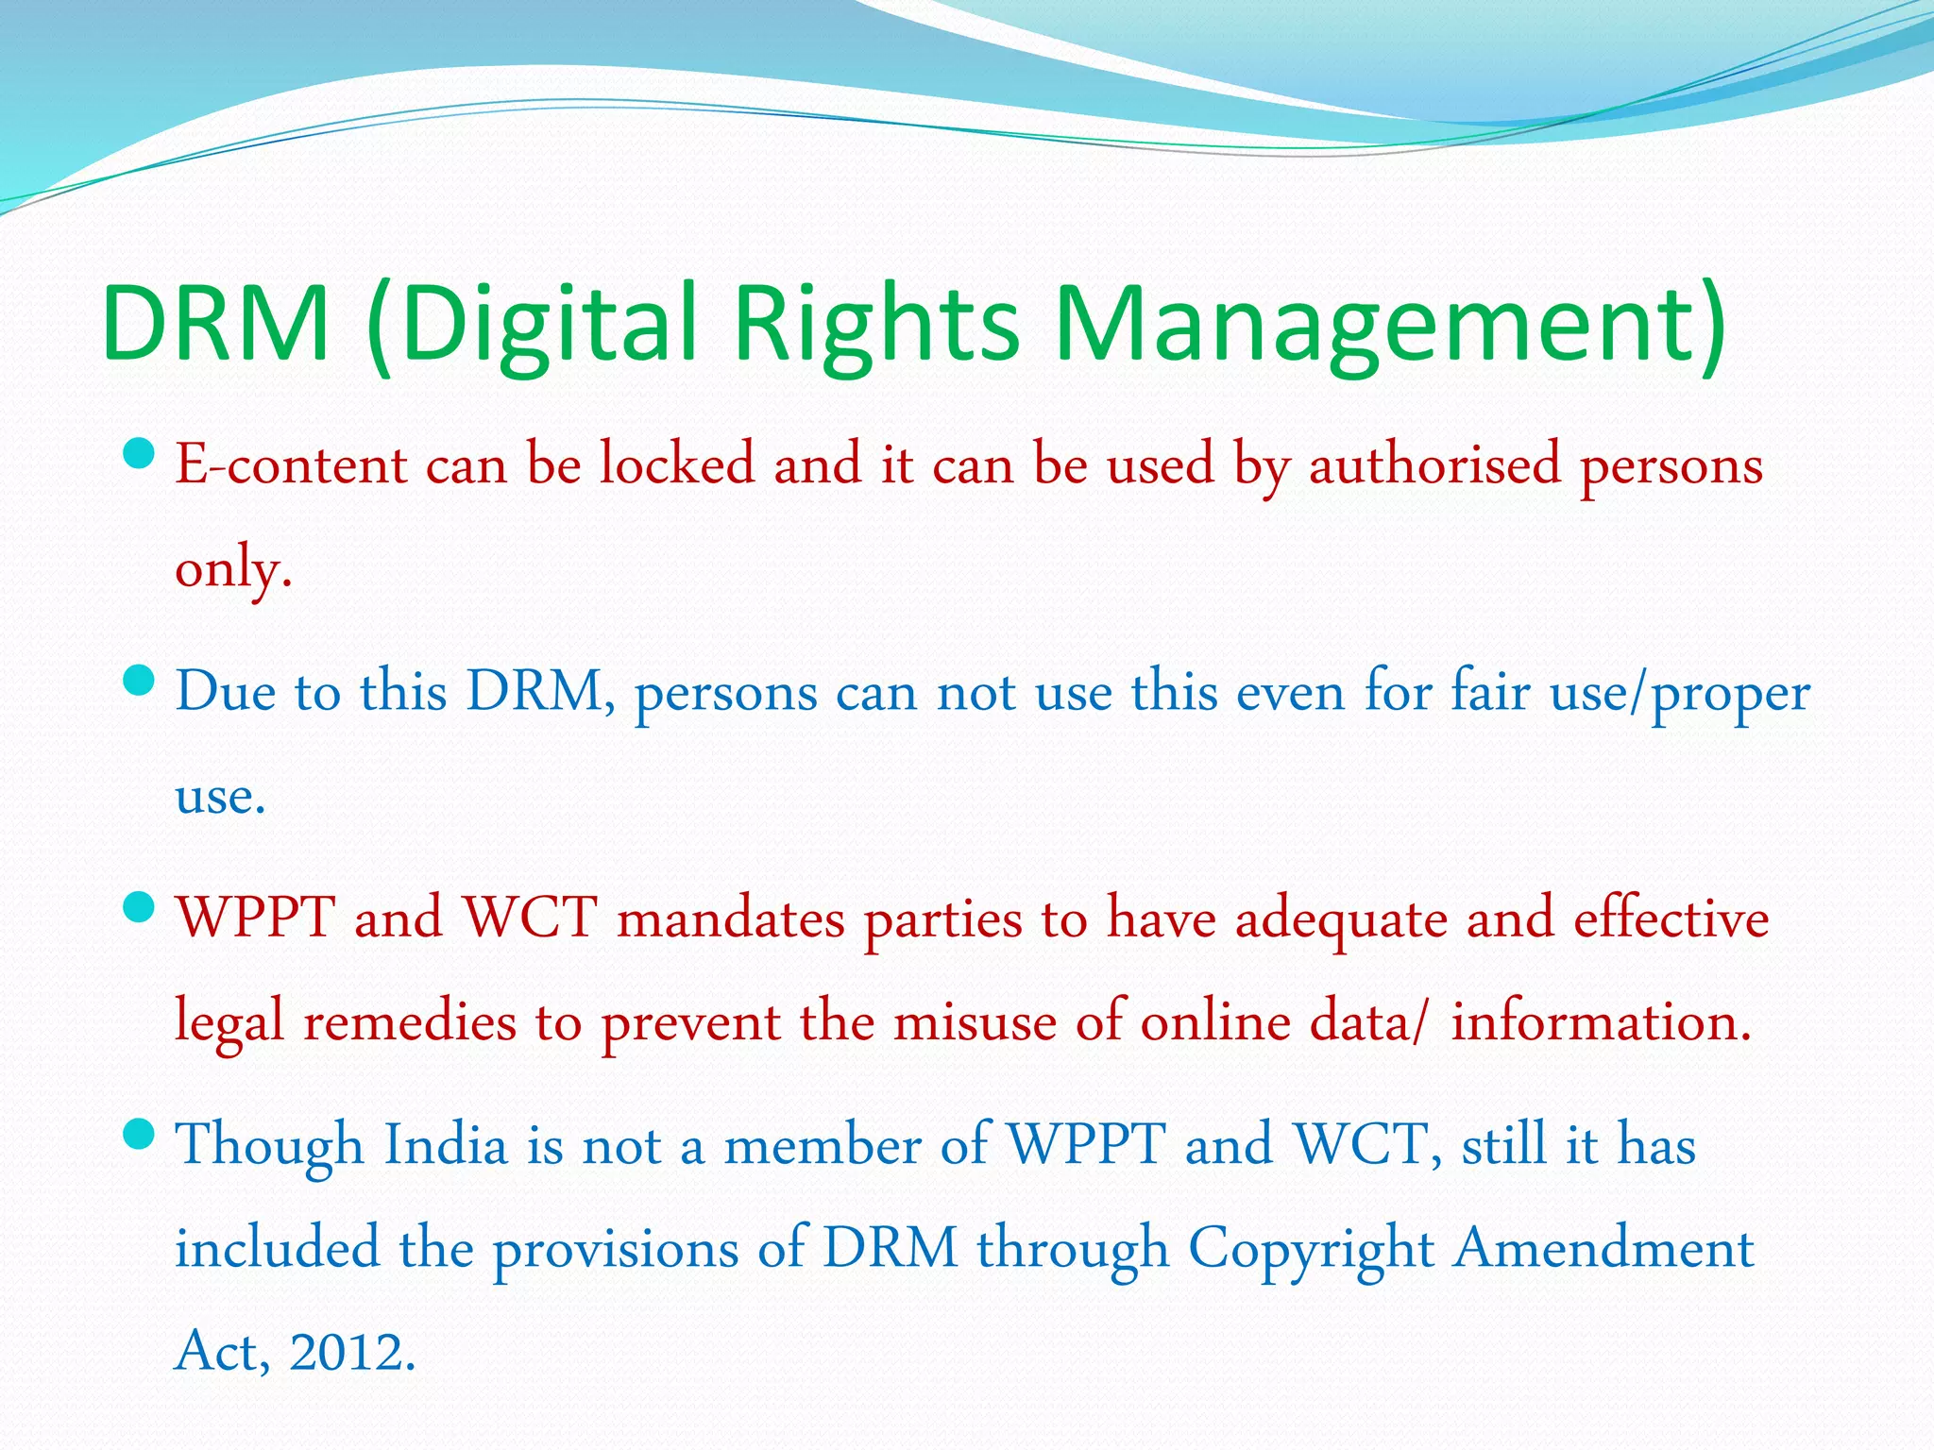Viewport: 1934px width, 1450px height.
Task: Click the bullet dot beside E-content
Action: pyautogui.click(x=139, y=455)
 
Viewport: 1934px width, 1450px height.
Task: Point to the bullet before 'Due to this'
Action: pyautogui.click(x=139, y=681)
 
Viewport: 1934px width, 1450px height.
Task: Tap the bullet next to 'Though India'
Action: pyautogui.click(x=139, y=1134)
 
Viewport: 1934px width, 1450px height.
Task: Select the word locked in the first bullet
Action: pyautogui.click(x=677, y=464)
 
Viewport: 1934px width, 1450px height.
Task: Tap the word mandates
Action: pyautogui.click(x=731, y=919)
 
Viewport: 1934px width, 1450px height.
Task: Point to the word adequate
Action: pyautogui.click(x=1341, y=919)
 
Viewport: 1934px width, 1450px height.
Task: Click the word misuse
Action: pyautogui.click(x=975, y=1022)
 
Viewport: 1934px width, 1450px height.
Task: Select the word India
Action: pyautogui.click(x=446, y=1145)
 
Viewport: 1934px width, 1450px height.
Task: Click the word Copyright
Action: pyautogui.click(x=1311, y=1249)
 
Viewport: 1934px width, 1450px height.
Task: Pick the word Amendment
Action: pyautogui.click(x=1603, y=1249)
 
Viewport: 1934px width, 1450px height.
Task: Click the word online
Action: pyautogui.click(x=1215, y=1022)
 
